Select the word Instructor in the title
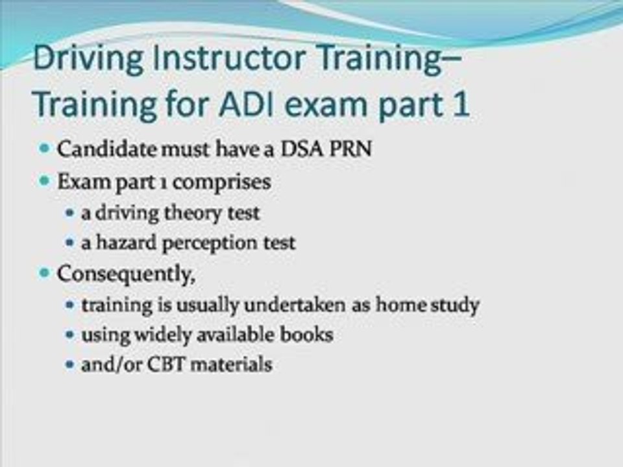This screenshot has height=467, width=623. click(229, 57)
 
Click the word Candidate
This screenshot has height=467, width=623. click(107, 149)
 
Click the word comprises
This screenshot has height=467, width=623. click(222, 183)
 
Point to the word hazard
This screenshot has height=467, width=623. click(127, 243)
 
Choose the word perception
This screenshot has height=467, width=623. click(210, 243)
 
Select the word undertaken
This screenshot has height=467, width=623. click(295, 305)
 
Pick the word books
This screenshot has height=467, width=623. click(306, 335)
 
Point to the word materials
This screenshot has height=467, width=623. click(231, 365)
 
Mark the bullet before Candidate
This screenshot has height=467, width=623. click(45, 149)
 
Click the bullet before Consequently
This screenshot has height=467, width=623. click(45, 273)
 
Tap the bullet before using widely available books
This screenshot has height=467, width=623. click(70, 335)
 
